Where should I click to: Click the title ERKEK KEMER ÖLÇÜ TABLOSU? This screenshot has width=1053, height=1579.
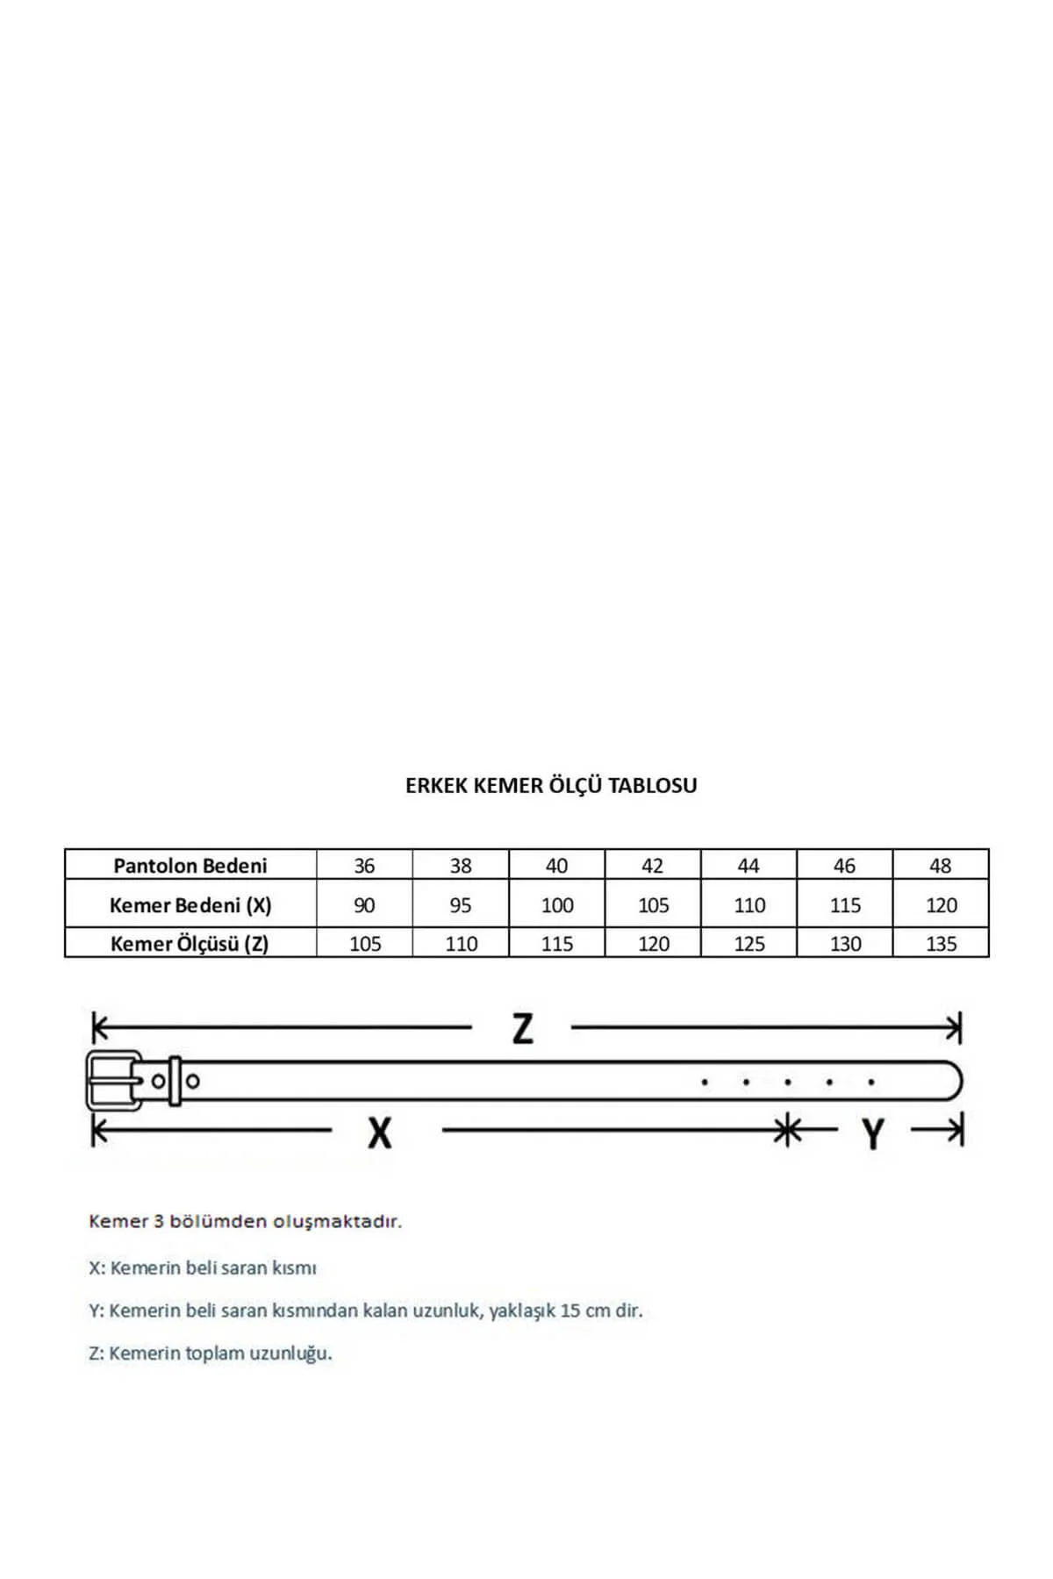pos(551,785)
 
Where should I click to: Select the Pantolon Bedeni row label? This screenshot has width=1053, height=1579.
pos(190,866)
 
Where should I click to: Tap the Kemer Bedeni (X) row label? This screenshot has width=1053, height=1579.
pos(190,905)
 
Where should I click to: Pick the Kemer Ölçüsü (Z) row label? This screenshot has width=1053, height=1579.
pos(190,944)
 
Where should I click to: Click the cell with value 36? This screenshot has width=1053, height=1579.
pos(364,866)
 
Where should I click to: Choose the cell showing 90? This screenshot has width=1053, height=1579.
pos(364,905)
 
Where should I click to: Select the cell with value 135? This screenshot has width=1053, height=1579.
pos(941,944)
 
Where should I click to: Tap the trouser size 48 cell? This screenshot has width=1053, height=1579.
pos(940,866)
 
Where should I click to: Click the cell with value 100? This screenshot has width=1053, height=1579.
pos(557,905)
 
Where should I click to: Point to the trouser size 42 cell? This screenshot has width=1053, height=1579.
pos(652,866)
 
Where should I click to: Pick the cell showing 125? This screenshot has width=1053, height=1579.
pos(749,944)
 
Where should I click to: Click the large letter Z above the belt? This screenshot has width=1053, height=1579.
pos(522,1028)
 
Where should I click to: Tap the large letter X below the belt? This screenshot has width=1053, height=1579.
pos(379,1133)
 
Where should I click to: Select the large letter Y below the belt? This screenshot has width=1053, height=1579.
pos(872,1134)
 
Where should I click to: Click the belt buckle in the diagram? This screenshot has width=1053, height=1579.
pos(113,1080)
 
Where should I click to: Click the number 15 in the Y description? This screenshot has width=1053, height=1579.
pos(570,1311)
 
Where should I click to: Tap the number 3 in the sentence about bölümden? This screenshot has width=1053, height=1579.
pos(159,1221)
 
